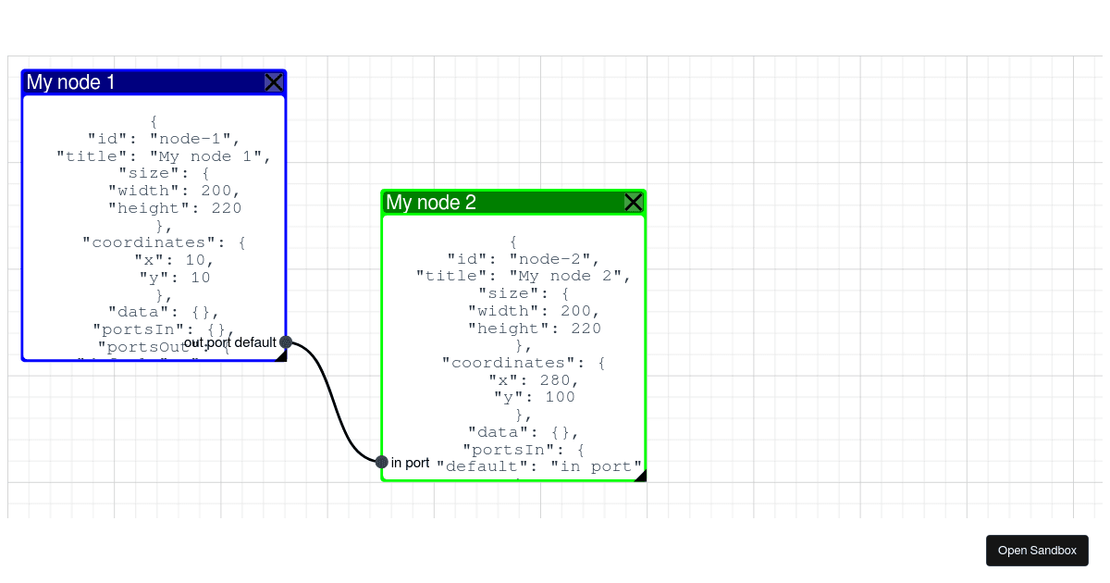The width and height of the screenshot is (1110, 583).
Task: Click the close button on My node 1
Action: [x=274, y=82]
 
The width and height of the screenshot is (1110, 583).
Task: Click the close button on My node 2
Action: [x=634, y=203]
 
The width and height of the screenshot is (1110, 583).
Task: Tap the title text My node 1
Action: [x=71, y=82]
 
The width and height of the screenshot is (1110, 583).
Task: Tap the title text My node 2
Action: [x=431, y=203]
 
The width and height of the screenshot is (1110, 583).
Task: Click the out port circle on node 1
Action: [x=286, y=342]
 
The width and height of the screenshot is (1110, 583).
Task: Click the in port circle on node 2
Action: [x=382, y=462]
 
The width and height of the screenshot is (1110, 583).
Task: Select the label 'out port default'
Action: [x=230, y=342]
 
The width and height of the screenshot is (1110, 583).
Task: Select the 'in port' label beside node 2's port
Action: [x=410, y=463]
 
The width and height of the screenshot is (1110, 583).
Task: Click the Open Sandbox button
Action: [x=1037, y=551]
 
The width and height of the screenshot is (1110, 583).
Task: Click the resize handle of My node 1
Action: [x=281, y=356]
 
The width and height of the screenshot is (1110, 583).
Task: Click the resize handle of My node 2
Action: [x=640, y=476]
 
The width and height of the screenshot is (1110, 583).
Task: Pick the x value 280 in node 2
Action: [x=560, y=380]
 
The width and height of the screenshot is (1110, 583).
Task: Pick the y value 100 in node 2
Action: [x=560, y=398]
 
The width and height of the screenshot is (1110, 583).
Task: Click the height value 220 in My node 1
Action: [x=227, y=208]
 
